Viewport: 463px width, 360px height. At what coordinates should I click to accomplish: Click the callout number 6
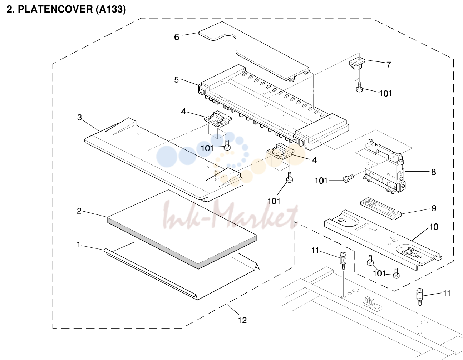click(177, 37)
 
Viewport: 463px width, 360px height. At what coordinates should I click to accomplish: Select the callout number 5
click(176, 80)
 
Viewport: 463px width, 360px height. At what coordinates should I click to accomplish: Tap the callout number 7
click(389, 65)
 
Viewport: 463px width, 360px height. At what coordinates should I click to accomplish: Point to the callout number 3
click(79, 117)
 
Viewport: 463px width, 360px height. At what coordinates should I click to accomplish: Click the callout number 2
click(79, 211)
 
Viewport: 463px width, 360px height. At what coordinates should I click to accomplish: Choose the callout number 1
click(79, 245)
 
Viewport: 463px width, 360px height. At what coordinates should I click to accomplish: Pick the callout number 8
click(433, 172)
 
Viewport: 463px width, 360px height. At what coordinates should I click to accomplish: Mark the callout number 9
click(434, 208)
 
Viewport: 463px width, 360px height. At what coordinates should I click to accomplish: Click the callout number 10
click(434, 227)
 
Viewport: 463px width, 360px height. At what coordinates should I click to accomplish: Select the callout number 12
click(242, 320)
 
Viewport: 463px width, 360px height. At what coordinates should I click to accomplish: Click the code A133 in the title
click(111, 9)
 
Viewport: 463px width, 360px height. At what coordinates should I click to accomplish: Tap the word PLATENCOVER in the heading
click(55, 9)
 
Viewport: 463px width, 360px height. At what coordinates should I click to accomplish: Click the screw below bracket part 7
click(359, 87)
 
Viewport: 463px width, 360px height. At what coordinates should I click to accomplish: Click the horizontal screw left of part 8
click(348, 178)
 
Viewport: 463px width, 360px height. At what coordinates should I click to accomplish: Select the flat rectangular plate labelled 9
click(381, 208)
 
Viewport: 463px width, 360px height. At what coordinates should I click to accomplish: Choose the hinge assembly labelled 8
click(383, 167)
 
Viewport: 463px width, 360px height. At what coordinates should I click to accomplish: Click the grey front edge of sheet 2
click(181, 243)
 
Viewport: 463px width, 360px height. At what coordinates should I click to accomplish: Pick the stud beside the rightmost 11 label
click(420, 297)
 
